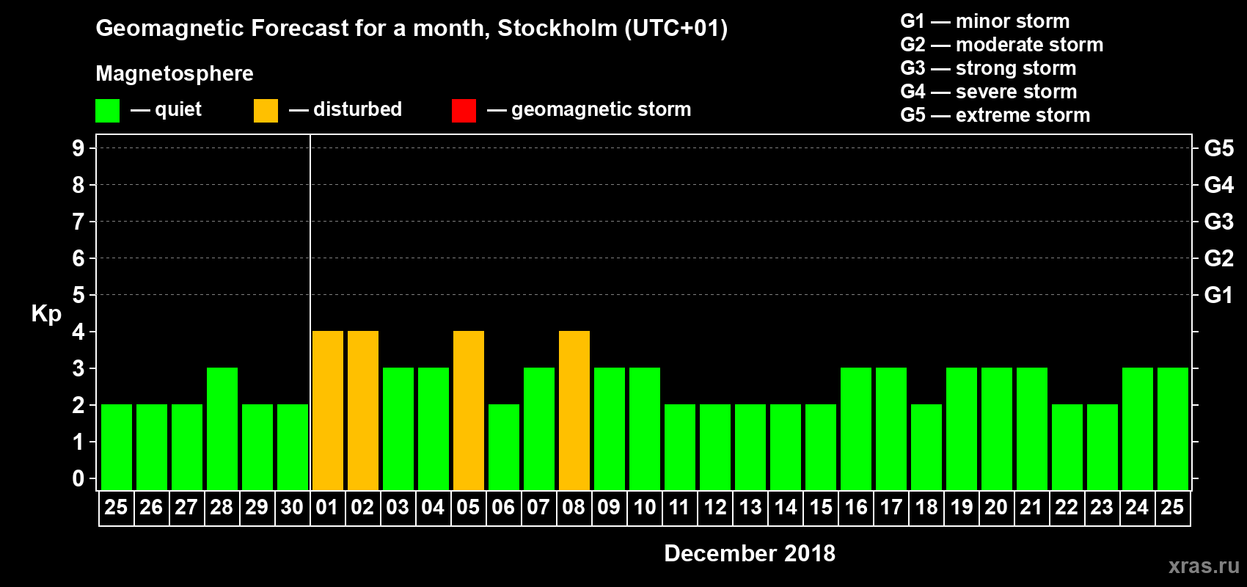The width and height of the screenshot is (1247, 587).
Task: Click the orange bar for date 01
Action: click(x=327, y=410)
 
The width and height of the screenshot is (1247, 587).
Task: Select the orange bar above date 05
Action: click(x=468, y=410)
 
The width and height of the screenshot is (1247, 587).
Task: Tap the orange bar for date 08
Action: click(x=574, y=410)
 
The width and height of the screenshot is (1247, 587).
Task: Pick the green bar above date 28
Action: click(x=222, y=429)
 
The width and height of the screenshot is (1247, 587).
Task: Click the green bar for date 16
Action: click(x=855, y=429)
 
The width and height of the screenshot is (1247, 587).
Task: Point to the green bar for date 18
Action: click(x=926, y=447)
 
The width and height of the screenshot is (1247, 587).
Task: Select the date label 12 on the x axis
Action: click(x=714, y=507)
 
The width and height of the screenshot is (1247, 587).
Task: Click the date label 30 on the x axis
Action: click(x=292, y=507)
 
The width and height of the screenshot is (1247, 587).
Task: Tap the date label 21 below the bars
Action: click(x=1031, y=507)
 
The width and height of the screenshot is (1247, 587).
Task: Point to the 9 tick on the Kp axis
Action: click(x=78, y=148)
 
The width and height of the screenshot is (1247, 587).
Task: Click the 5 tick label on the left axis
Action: click(x=78, y=295)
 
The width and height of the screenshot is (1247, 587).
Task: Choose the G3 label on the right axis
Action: click(x=1218, y=222)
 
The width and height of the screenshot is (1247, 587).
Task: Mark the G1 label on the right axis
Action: click(x=1218, y=295)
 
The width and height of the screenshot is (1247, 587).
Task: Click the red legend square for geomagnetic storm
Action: click(x=464, y=111)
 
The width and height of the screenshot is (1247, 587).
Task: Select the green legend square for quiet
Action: click(x=108, y=111)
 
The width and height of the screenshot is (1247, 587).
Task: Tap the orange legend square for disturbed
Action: click(x=266, y=111)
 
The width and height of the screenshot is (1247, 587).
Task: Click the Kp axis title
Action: click(x=46, y=313)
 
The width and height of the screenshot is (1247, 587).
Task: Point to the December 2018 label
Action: click(x=749, y=553)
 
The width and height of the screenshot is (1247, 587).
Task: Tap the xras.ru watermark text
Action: click(x=1204, y=565)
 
